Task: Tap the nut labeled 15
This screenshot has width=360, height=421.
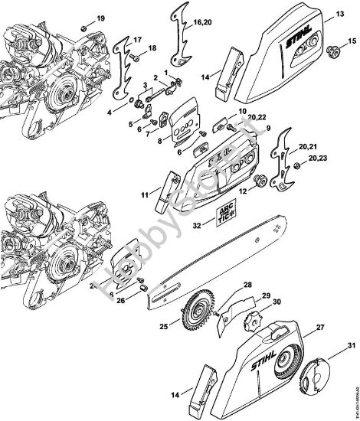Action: pos(334,52)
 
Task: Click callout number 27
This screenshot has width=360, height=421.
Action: pos(316,326)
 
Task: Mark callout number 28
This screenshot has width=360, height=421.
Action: pos(247,285)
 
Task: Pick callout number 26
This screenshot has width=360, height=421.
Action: pos(120,300)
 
